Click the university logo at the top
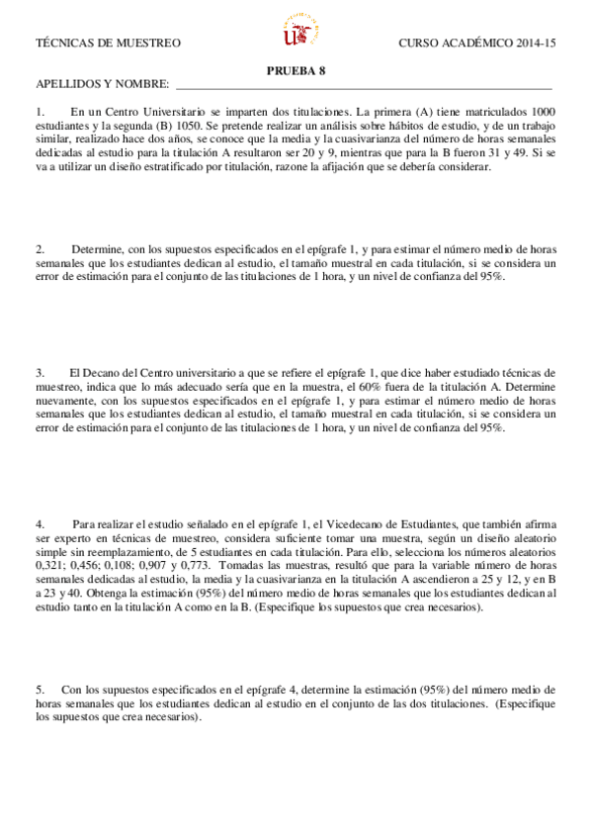coord(296,33)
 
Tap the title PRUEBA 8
coord(296,70)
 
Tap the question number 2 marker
coord(40,248)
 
